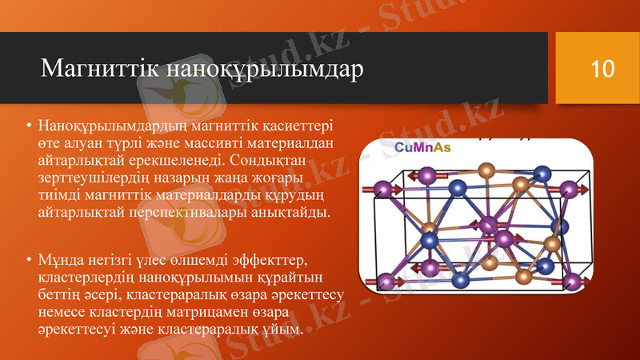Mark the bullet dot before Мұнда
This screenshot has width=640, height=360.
point(28,261)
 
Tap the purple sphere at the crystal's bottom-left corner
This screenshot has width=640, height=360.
point(386,280)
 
